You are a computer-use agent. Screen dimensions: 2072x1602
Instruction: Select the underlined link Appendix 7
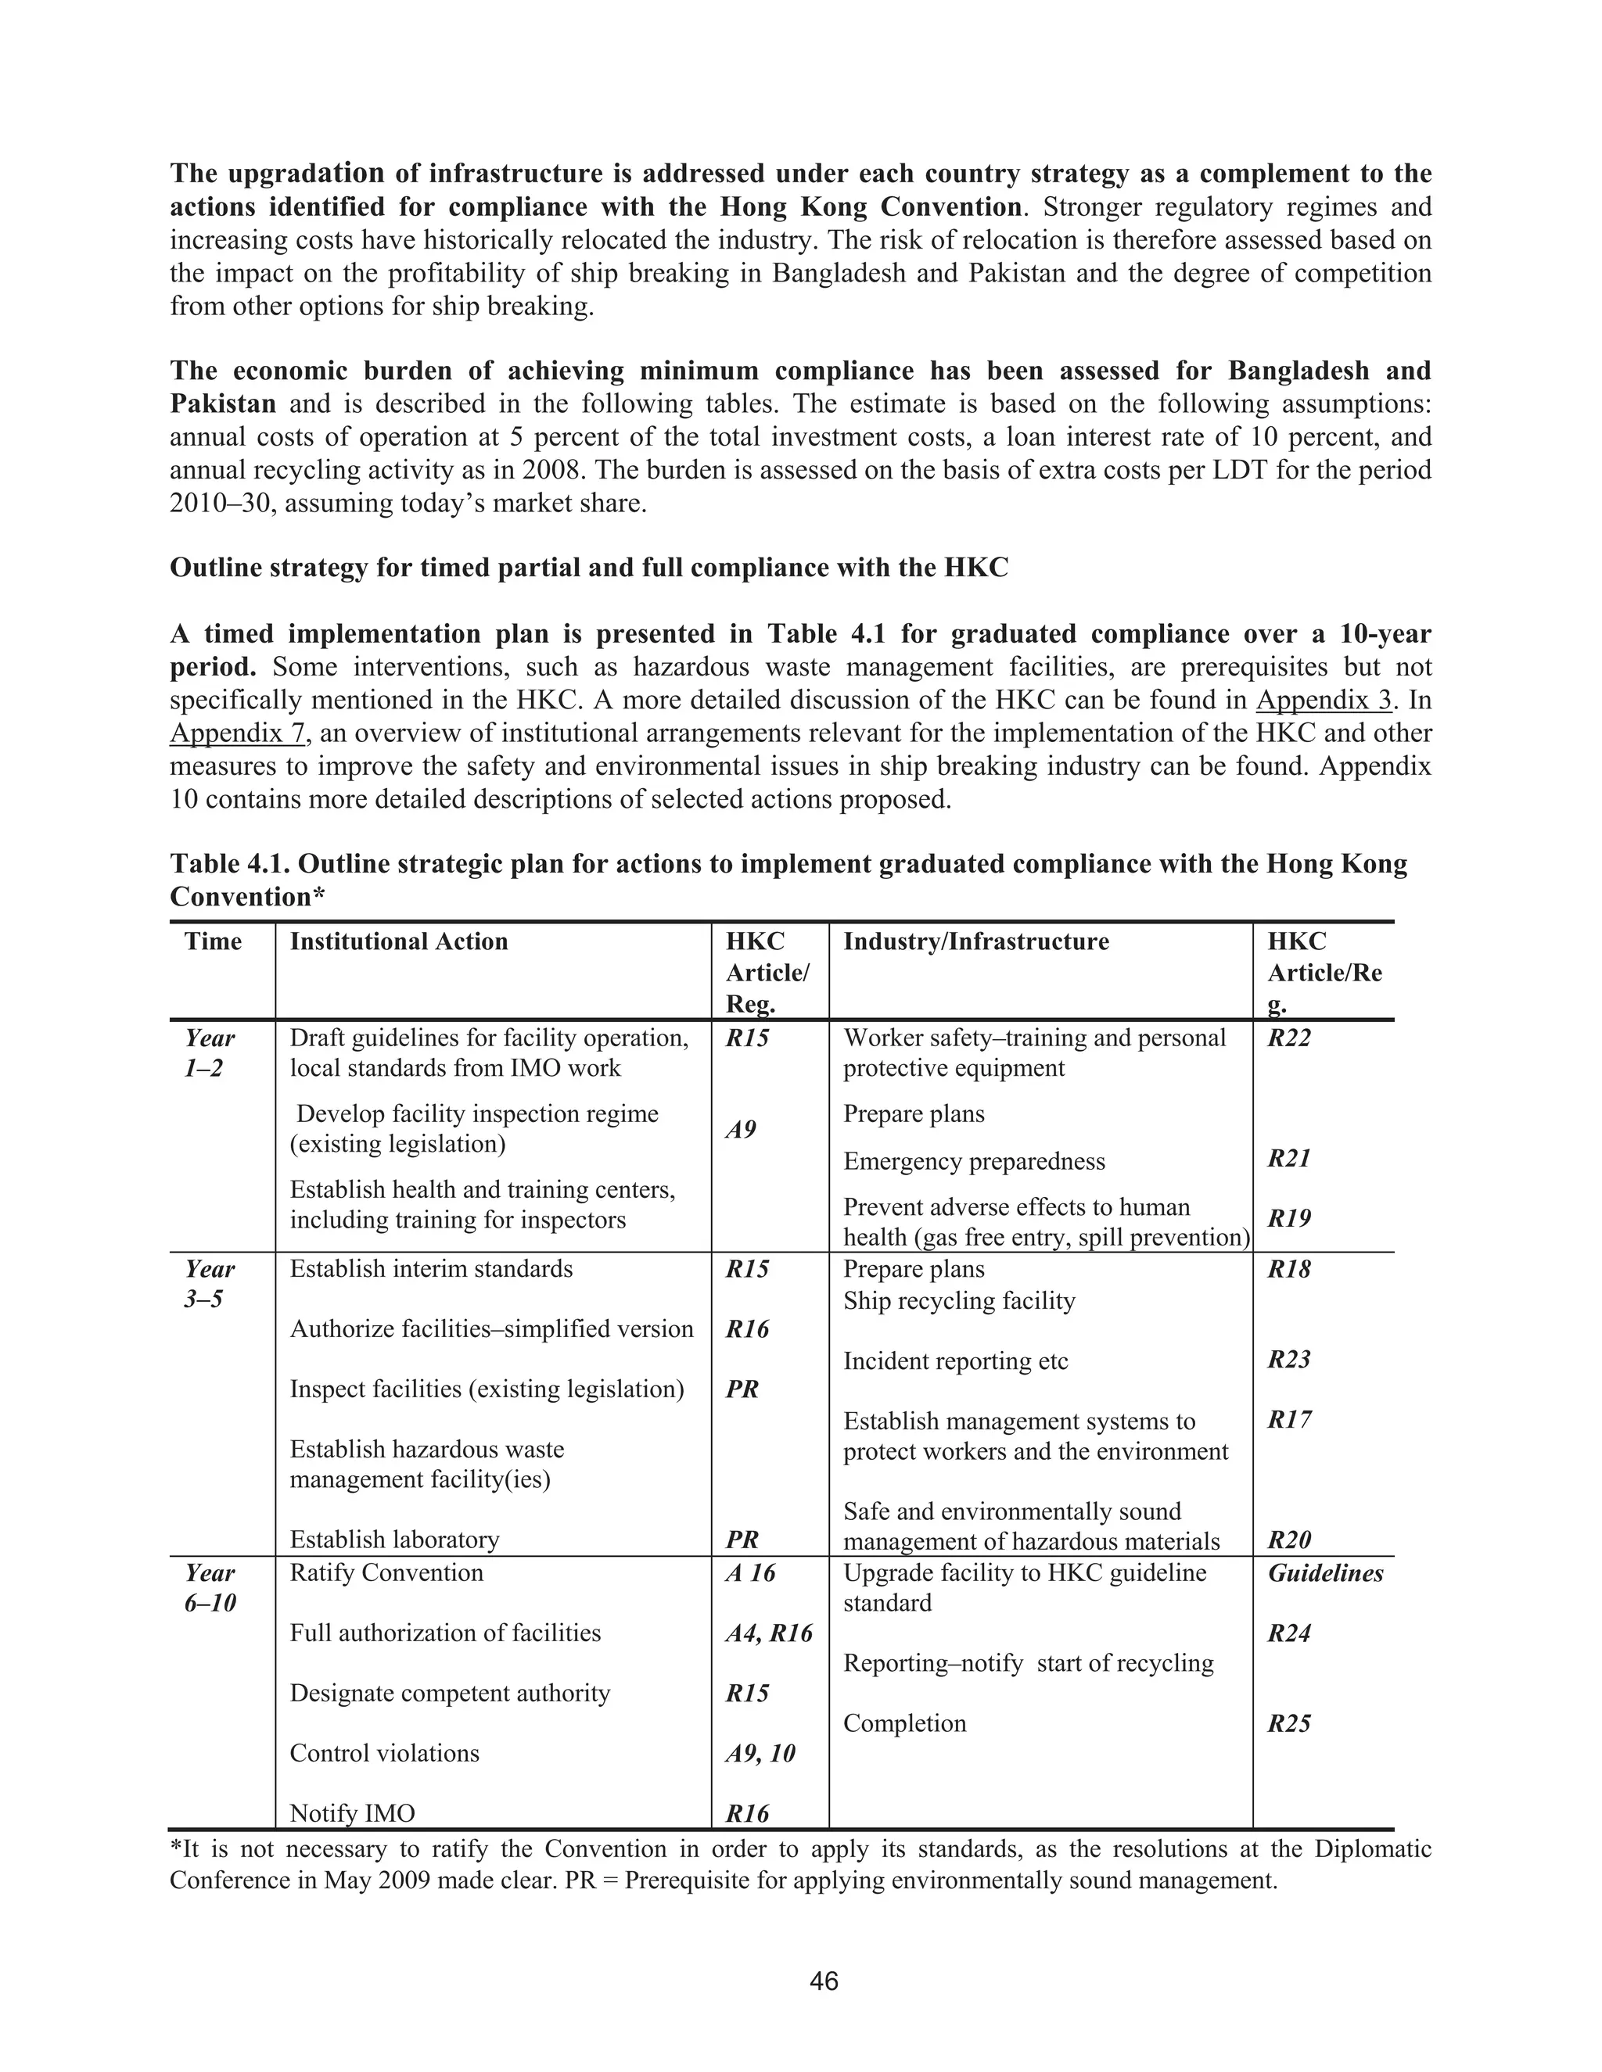click(237, 733)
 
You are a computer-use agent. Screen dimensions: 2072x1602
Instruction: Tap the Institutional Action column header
click(399, 941)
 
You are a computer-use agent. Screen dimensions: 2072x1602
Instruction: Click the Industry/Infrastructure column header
click(975, 941)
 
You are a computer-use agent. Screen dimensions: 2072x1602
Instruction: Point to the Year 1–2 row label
click(210, 1052)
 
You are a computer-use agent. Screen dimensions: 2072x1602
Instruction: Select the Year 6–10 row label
click(210, 1588)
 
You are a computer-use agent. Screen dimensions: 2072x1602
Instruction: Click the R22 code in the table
click(1289, 1038)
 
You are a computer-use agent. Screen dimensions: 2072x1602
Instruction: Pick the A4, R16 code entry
click(769, 1633)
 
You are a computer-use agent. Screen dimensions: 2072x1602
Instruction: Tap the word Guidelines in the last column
click(1325, 1573)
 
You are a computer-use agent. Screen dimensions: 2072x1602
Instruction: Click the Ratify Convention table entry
click(386, 1573)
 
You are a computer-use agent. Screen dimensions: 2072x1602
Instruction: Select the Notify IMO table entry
click(352, 1814)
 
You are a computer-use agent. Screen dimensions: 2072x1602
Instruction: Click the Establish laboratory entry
click(394, 1540)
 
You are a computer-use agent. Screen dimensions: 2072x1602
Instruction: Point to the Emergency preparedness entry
click(974, 1161)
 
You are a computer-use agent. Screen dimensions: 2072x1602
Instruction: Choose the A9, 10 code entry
click(760, 1753)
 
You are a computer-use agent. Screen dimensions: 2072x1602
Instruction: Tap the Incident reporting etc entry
click(955, 1361)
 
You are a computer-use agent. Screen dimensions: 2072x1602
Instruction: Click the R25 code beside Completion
click(1289, 1724)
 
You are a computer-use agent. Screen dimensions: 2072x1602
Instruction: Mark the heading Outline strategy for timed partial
click(588, 568)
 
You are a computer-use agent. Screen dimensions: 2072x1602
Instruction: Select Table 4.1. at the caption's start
click(230, 863)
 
